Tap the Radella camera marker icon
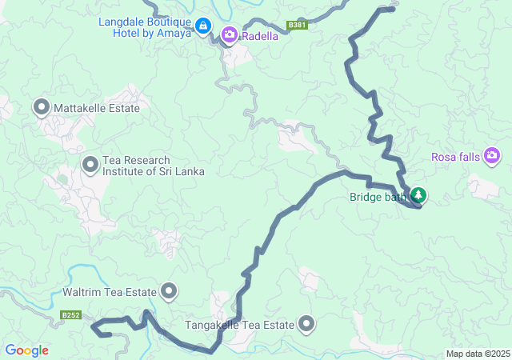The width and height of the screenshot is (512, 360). point(230,34)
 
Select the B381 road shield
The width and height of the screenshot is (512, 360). point(298,26)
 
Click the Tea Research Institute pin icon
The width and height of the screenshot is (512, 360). point(90,166)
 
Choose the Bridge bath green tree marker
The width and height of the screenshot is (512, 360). point(418,195)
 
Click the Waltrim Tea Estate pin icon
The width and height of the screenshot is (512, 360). point(169,292)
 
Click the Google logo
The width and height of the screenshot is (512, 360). point(26,350)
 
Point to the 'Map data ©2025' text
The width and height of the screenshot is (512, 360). point(477,354)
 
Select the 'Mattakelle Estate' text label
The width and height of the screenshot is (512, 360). point(98,108)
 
